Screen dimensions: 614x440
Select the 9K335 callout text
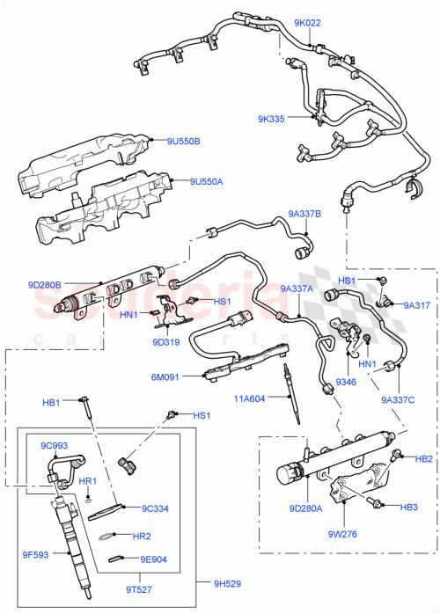pyautogui.click(x=271, y=119)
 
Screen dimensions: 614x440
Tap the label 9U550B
pyautogui.click(x=184, y=141)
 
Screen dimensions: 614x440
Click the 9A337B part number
pyautogui.click(x=304, y=213)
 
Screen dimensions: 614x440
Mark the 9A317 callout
pyautogui.click(x=416, y=305)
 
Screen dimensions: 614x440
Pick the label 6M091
pyautogui.click(x=165, y=378)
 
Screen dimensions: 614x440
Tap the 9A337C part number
pyautogui.click(x=398, y=400)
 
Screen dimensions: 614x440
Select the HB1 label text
pyautogui.click(x=51, y=402)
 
